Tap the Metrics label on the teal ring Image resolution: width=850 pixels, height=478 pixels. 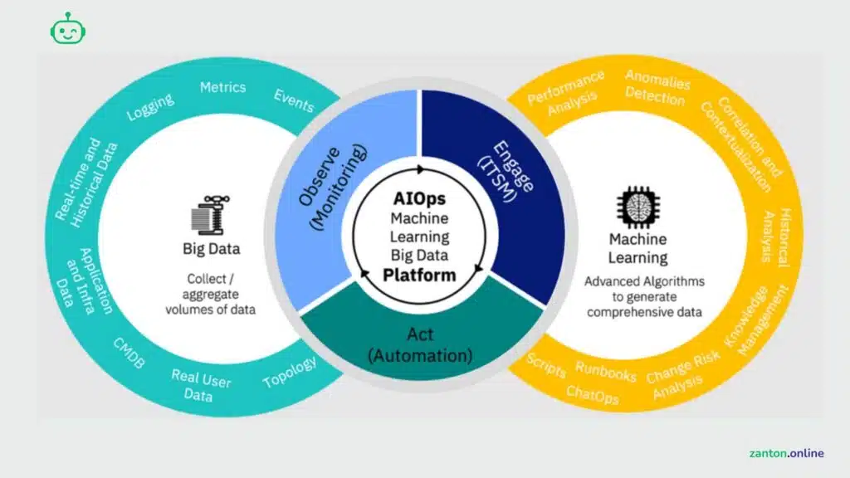point(223,87)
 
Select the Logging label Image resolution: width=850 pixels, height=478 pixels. point(151,107)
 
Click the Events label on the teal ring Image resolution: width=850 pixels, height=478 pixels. point(294,101)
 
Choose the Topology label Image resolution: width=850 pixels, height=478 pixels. point(290,373)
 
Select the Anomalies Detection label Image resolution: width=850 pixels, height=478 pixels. point(656,87)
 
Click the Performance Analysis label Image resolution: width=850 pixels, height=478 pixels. point(567,92)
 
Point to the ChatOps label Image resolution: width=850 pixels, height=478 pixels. point(593,394)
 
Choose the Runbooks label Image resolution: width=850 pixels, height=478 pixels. point(606,372)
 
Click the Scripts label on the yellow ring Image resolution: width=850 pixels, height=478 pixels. point(546,365)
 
